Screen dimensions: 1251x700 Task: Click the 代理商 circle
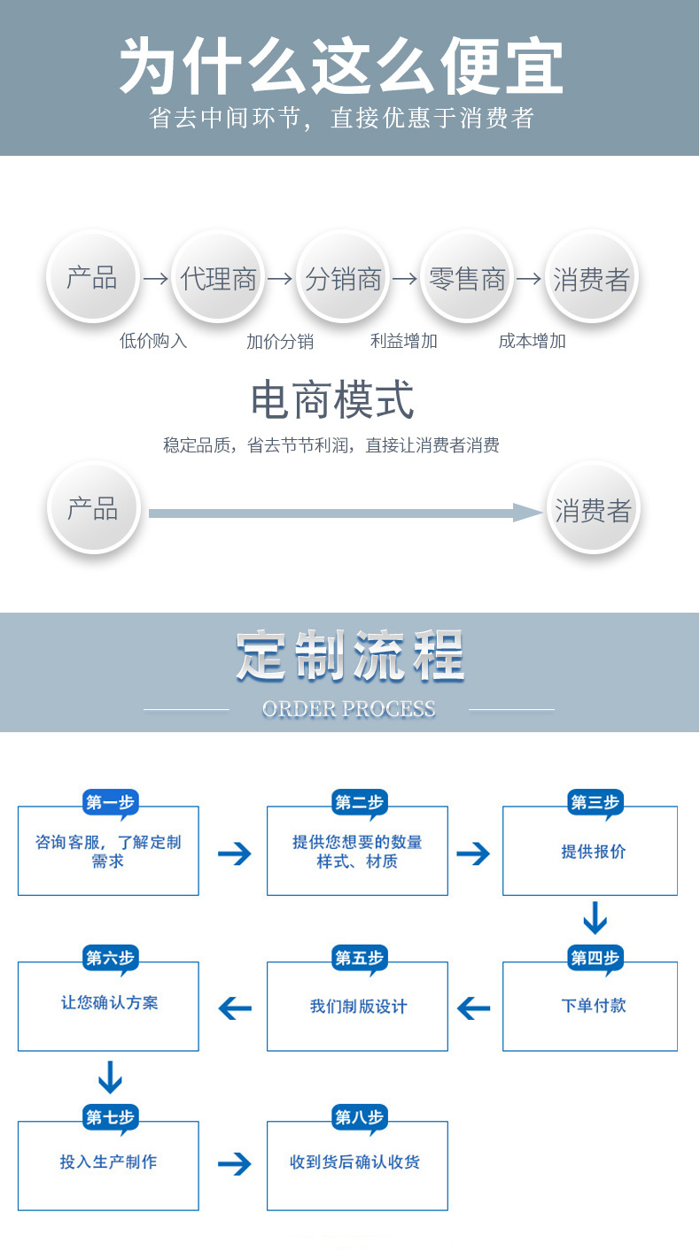(x=218, y=280)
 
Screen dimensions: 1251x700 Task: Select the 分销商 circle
(x=343, y=280)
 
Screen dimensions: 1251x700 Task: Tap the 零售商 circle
(x=467, y=280)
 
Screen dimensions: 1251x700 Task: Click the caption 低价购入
(x=153, y=341)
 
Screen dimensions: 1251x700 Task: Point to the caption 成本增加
(x=532, y=341)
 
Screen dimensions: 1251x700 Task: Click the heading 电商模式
(x=332, y=400)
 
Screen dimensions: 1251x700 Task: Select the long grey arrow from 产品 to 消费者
(x=346, y=513)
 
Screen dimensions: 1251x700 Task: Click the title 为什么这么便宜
(x=341, y=66)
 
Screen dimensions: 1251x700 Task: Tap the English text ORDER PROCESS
(x=349, y=708)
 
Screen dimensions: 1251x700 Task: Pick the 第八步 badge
(x=360, y=1117)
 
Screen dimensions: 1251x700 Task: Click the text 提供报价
(x=594, y=852)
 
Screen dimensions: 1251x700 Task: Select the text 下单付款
(x=594, y=1006)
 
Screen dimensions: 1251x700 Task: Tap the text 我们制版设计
(x=359, y=1007)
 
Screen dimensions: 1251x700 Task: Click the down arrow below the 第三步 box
(x=595, y=918)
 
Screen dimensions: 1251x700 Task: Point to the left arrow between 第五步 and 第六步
(x=235, y=1008)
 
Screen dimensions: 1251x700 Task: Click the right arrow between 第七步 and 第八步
(x=235, y=1163)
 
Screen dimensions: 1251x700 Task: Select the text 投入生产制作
(x=109, y=1162)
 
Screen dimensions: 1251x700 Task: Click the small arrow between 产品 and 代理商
(x=156, y=280)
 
